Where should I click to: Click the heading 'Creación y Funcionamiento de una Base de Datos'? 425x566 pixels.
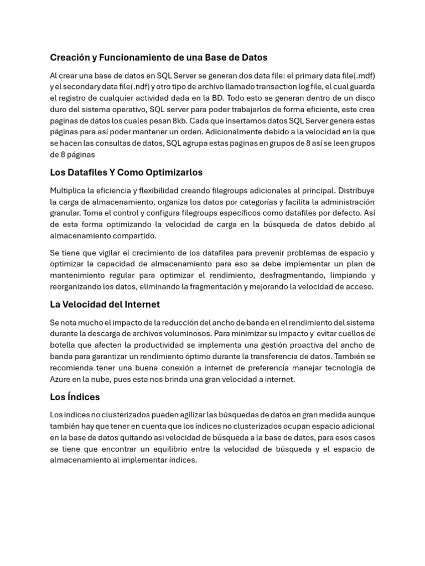(159, 57)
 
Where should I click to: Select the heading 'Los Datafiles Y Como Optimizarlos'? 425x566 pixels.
(126, 172)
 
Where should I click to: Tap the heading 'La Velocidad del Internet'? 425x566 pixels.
(105, 304)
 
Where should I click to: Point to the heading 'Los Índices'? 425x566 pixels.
(75, 397)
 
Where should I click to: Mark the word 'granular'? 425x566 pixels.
(66, 213)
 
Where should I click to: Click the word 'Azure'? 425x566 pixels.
(60, 379)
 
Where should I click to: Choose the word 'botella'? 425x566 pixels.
(63, 345)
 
